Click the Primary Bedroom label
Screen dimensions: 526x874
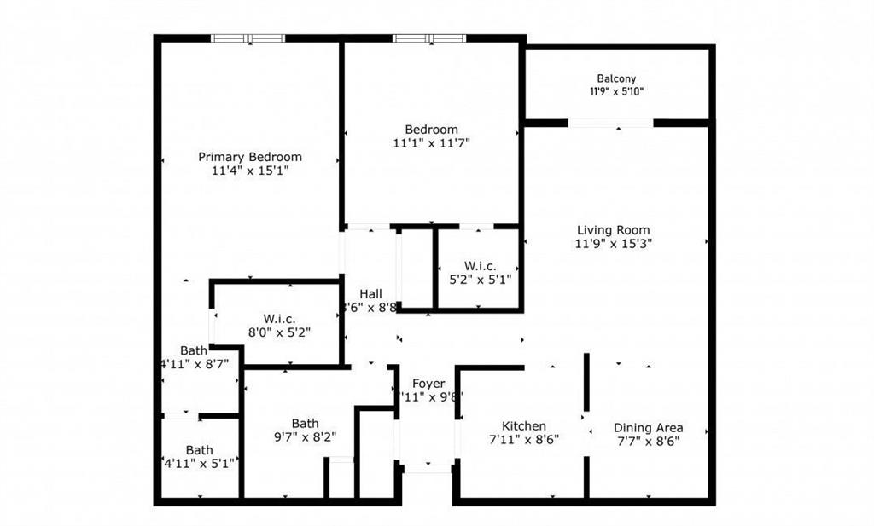(249, 157)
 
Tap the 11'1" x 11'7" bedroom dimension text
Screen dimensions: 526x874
(432, 144)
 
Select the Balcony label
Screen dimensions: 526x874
(616, 78)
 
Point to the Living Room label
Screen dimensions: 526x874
(613, 230)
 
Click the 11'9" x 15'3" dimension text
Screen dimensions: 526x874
(613, 244)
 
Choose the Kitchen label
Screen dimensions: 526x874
(523, 426)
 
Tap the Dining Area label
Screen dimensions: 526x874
(648, 428)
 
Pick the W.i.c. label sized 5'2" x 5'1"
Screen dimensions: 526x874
(479, 265)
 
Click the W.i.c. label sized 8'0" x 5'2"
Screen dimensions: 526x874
(279, 319)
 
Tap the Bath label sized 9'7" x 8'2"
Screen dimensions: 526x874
(305, 423)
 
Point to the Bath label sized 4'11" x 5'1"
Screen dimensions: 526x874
(199, 450)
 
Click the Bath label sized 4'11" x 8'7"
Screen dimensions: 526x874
(194, 350)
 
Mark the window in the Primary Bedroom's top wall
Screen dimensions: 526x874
(248, 38)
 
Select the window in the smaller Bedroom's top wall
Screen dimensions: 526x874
(429, 38)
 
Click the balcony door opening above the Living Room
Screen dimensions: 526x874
(611, 124)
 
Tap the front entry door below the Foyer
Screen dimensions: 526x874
(427, 467)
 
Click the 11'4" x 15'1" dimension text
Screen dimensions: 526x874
(249, 171)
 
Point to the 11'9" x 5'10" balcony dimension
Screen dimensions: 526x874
(616, 92)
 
